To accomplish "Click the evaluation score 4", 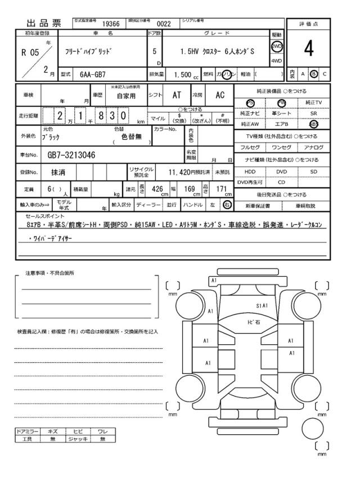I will pyautogui.click(x=308, y=49).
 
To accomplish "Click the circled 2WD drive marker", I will pyautogui.click(x=277, y=46).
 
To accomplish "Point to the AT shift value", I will pyautogui.click(x=176, y=95).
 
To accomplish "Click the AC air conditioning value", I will pyautogui.click(x=220, y=95).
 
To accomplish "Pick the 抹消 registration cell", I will pyautogui.click(x=58, y=172).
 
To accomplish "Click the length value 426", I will pyautogui.click(x=158, y=190).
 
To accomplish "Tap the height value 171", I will pyautogui.click(x=221, y=190).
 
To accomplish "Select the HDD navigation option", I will pyautogui.click(x=250, y=171).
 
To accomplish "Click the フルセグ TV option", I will pyautogui.click(x=250, y=147).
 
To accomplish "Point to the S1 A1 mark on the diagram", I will pyautogui.click(x=262, y=306).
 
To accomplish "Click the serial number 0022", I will pyautogui.click(x=163, y=24).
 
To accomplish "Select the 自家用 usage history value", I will pyautogui.click(x=126, y=96).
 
